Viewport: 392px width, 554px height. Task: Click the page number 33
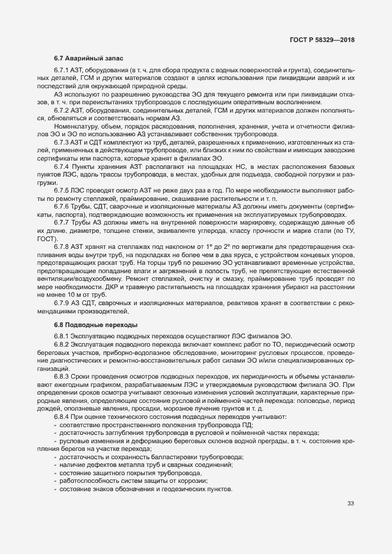(x=350, y=504)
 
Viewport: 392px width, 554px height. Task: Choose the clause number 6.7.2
(x=62, y=110)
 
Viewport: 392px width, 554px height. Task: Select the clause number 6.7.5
(x=62, y=190)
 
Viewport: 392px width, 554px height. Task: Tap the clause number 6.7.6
(x=62, y=206)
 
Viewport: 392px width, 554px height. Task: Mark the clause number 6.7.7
(x=62, y=222)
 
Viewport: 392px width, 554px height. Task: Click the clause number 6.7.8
(x=62, y=246)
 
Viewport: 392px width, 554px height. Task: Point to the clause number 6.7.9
(x=62, y=303)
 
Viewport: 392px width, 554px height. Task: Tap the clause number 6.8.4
(x=62, y=417)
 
